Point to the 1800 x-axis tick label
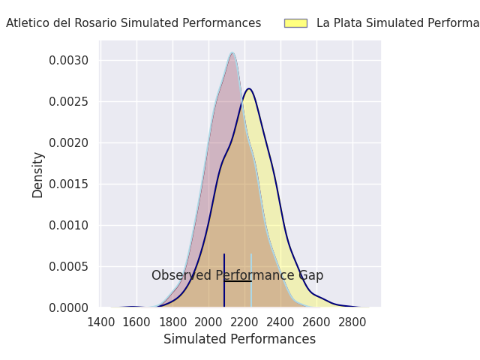(172, 322)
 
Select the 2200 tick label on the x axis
(244, 322)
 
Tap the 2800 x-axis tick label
(352, 322)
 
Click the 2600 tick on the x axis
(316, 322)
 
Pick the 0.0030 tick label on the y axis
(70, 60)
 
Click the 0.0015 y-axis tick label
(70, 184)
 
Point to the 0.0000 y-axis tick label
(70, 307)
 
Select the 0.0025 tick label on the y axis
(70, 101)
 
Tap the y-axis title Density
(38, 175)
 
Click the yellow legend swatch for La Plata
(295, 23)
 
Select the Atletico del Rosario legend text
(133, 23)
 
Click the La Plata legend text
(397, 23)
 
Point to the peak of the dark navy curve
(249, 88)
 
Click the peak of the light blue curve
(232, 52)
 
